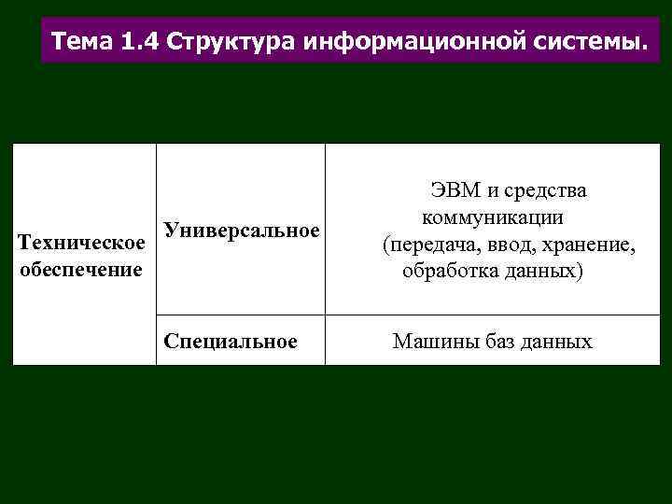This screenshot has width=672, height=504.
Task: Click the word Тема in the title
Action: [x=84, y=42]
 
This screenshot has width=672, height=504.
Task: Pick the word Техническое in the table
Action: [x=81, y=245]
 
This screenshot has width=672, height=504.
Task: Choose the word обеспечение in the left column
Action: [x=79, y=270]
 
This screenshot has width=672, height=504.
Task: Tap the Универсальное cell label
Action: [x=241, y=230]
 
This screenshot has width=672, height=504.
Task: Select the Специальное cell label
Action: [x=230, y=342]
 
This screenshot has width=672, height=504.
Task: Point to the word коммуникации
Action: [x=491, y=218]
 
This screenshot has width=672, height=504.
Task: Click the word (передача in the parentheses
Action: [x=421, y=245]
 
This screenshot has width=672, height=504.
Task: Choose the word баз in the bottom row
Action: [x=496, y=342]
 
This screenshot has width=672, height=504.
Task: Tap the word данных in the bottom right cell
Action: [x=558, y=342]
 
